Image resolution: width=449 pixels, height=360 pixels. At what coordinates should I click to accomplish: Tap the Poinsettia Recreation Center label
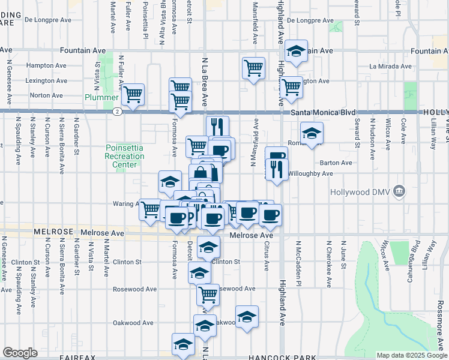125,156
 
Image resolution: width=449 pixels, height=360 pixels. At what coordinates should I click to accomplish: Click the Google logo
20,353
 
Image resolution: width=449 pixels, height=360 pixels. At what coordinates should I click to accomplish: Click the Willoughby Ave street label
310,173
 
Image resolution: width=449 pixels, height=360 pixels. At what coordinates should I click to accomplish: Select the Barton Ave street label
336,162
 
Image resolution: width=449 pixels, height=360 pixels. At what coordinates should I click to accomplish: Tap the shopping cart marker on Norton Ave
133,94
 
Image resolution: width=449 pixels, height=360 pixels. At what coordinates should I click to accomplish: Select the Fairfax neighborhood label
78,358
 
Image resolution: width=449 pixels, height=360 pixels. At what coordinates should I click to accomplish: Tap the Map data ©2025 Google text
411,355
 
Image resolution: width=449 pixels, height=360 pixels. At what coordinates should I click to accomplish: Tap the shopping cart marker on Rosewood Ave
208,295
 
